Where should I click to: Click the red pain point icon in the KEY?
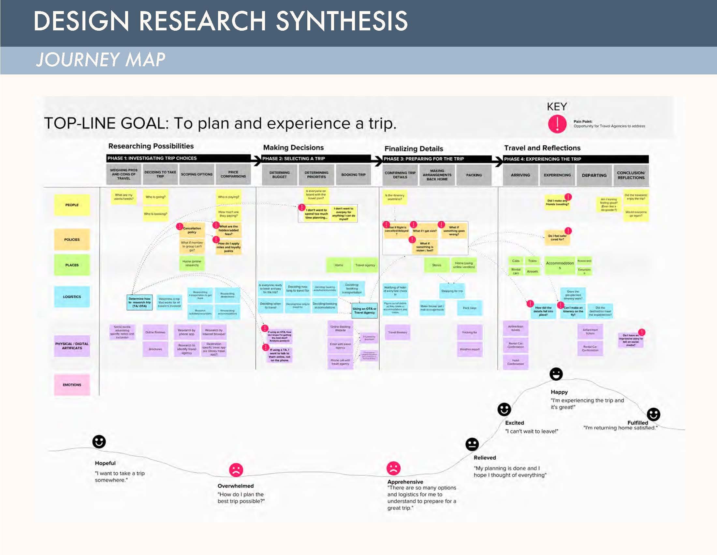[557, 124]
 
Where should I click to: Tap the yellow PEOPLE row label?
[72, 205]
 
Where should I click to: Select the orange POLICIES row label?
[72, 240]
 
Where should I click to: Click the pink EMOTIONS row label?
[72, 385]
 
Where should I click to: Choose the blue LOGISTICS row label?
[72, 296]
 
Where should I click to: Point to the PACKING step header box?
[474, 175]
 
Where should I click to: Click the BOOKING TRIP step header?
[353, 175]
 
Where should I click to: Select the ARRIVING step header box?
[520, 175]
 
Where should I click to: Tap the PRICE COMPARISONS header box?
[233, 174]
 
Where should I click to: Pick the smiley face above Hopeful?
[99, 442]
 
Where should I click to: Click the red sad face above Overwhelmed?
[236, 470]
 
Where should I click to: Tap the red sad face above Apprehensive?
[393, 468]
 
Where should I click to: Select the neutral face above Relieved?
[472, 445]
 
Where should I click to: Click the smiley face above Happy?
[556, 374]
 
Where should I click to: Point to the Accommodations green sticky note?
[560, 265]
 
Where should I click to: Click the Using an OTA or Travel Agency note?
[364, 311]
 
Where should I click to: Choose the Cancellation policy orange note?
[192, 230]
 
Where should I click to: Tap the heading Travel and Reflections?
[542, 148]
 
